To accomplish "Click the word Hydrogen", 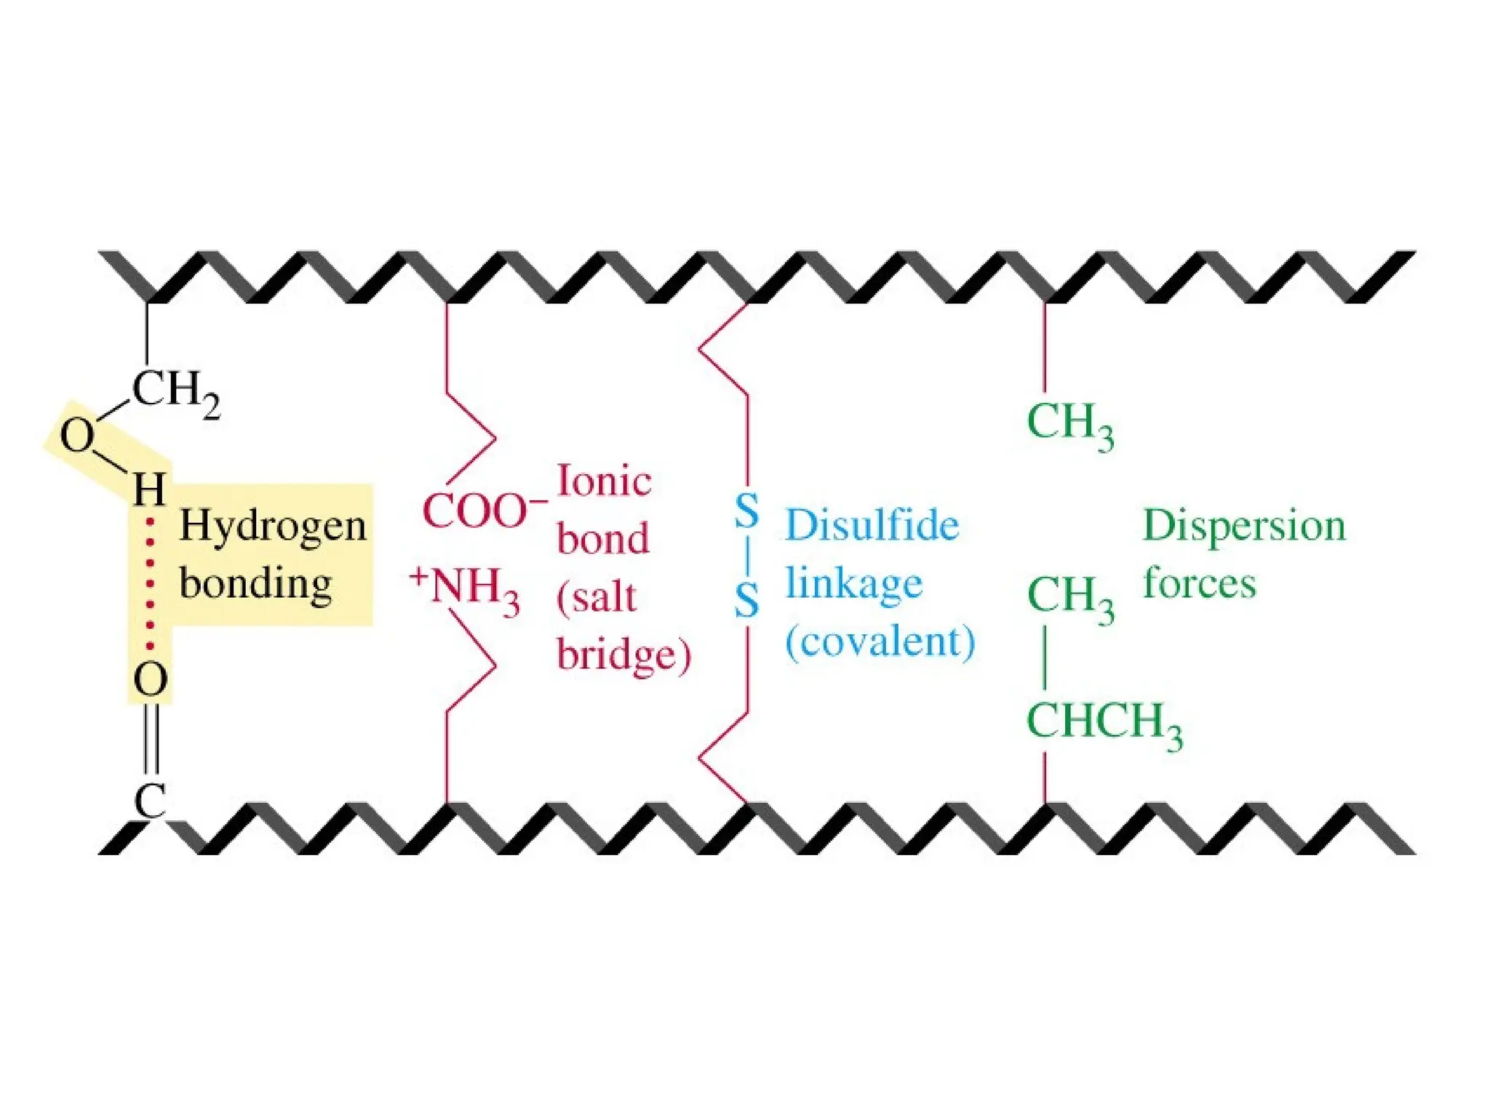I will [273, 527].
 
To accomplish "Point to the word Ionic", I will [604, 481].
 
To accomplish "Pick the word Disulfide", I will [872, 525].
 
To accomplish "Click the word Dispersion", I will [1244, 525].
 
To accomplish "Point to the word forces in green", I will [1200, 583].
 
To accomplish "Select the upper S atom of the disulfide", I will [746, 511].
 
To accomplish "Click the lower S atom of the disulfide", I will [746, 601].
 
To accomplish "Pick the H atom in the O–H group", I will [149, 489].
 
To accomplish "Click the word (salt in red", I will [597, 598].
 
